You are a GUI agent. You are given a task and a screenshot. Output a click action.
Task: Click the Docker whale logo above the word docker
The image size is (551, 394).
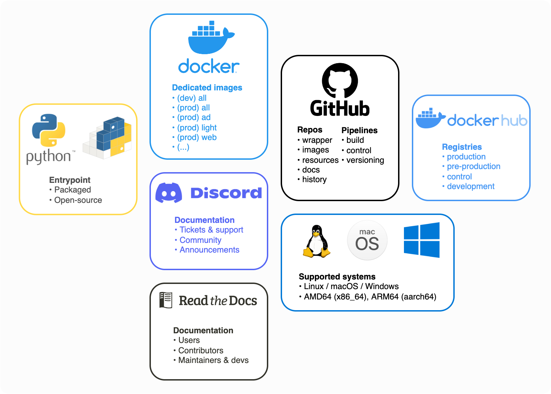point(211,37)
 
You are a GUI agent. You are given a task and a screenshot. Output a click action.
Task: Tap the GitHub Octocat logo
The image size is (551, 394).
point(340,80)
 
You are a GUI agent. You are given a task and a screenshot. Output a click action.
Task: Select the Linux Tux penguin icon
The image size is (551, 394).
point(317,241)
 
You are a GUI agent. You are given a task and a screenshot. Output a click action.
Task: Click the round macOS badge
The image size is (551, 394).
point(367,240)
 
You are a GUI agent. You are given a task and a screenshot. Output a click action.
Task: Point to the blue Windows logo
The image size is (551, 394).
point(422,240)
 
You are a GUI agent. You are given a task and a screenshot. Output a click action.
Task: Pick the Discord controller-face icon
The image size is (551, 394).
point(169,193)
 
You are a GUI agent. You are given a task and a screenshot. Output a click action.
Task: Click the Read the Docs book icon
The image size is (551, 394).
point(166,300)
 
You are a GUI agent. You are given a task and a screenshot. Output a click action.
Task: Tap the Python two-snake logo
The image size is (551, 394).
point(49,130)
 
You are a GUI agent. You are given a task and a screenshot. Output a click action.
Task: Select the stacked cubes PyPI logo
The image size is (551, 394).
point(107,138)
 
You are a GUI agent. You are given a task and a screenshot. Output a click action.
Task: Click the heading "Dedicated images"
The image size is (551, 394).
point(207,88)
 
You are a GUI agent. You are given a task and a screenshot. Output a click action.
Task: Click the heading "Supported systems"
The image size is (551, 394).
point(337,277)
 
